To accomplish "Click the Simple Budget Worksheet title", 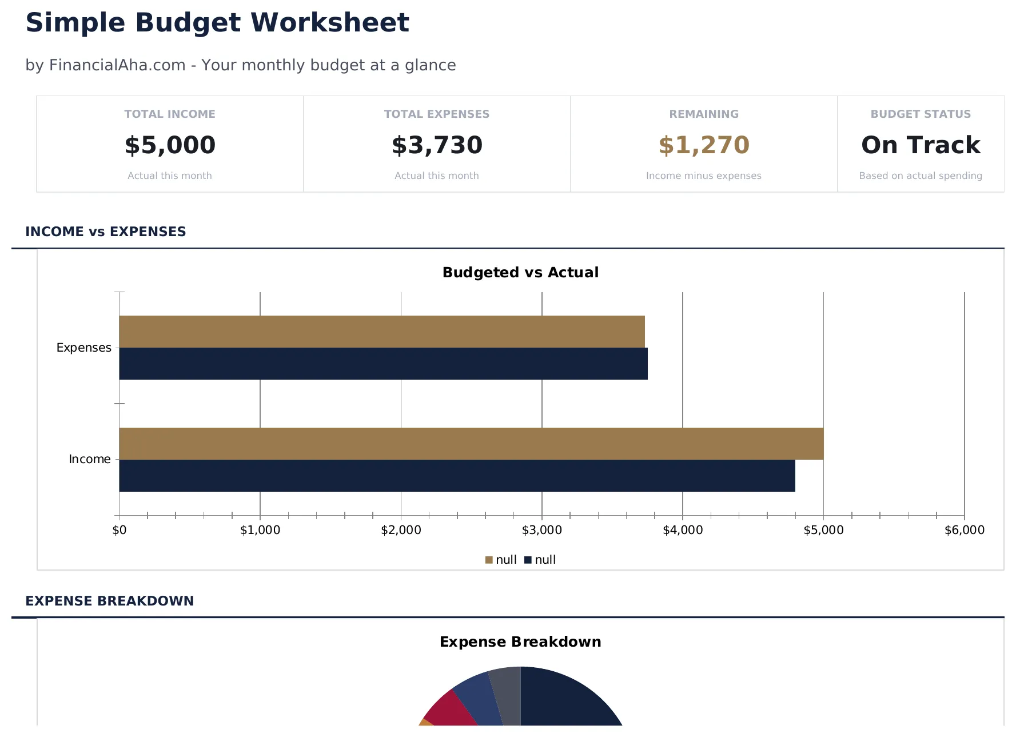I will tap(217, 23).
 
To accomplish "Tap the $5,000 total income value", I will tap(170, 145).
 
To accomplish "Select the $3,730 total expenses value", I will tap(437, 145).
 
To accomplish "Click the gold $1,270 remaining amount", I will tap(704, 145).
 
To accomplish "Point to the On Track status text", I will tap(921, 145).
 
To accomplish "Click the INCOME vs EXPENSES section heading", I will tap(106, 232).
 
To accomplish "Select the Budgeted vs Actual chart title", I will tap(520, 272).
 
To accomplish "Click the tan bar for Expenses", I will tap(382, 332).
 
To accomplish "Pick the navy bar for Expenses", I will tap(383, 364).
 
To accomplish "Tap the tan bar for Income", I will tap(471, 444).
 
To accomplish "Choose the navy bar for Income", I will tap(457, 476).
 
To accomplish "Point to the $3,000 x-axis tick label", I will tap(541, 530).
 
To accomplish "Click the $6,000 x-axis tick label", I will tap(964, 530).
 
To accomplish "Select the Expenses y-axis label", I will tap(83, 348).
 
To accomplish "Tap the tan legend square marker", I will tap(489, 560).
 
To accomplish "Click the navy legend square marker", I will tap(528, 560).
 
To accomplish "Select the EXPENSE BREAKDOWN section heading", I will tap(110, 601).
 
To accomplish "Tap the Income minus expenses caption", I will tap(703, 176).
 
